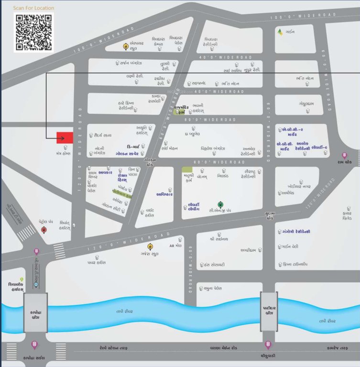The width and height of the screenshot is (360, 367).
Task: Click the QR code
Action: point(33,32)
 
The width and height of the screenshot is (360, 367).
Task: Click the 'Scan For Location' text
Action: point(33,8)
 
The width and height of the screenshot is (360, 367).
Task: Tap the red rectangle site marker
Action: point(65,138)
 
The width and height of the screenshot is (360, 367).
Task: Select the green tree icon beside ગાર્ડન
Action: point(280,32)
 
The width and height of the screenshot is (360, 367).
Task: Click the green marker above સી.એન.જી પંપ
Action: point(220,204)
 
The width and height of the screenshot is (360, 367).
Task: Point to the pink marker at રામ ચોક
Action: point(344,155)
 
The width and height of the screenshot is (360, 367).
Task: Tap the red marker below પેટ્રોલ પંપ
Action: point(44,230)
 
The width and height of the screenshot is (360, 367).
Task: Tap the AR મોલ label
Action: point(175,245)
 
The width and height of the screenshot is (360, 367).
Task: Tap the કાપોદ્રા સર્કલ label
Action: point(34,356)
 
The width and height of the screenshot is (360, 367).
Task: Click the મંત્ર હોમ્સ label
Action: point(63,154)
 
